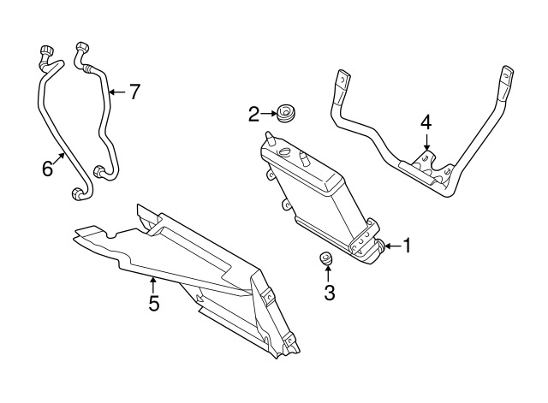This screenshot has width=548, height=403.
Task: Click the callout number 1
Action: [x=407, y=246]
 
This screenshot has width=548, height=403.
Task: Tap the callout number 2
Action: [x=254, y=114]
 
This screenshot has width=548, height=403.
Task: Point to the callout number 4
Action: [x=426, y=122]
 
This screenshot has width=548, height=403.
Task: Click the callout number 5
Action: [x=154, y=304]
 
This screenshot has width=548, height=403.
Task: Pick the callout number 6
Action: [x=48, y=169]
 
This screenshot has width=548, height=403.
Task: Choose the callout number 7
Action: [x=133, y=92]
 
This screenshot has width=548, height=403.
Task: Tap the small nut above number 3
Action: [x=326, y=258]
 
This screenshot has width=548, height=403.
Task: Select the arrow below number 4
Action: [x=426, y=145]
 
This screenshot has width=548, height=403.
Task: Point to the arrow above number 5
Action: [x=154, y=282]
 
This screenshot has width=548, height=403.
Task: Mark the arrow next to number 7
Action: [x=116, y=92]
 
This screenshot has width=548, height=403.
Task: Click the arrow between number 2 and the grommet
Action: [x=266, y=113]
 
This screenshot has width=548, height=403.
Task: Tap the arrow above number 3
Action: [x=329, y=274]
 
